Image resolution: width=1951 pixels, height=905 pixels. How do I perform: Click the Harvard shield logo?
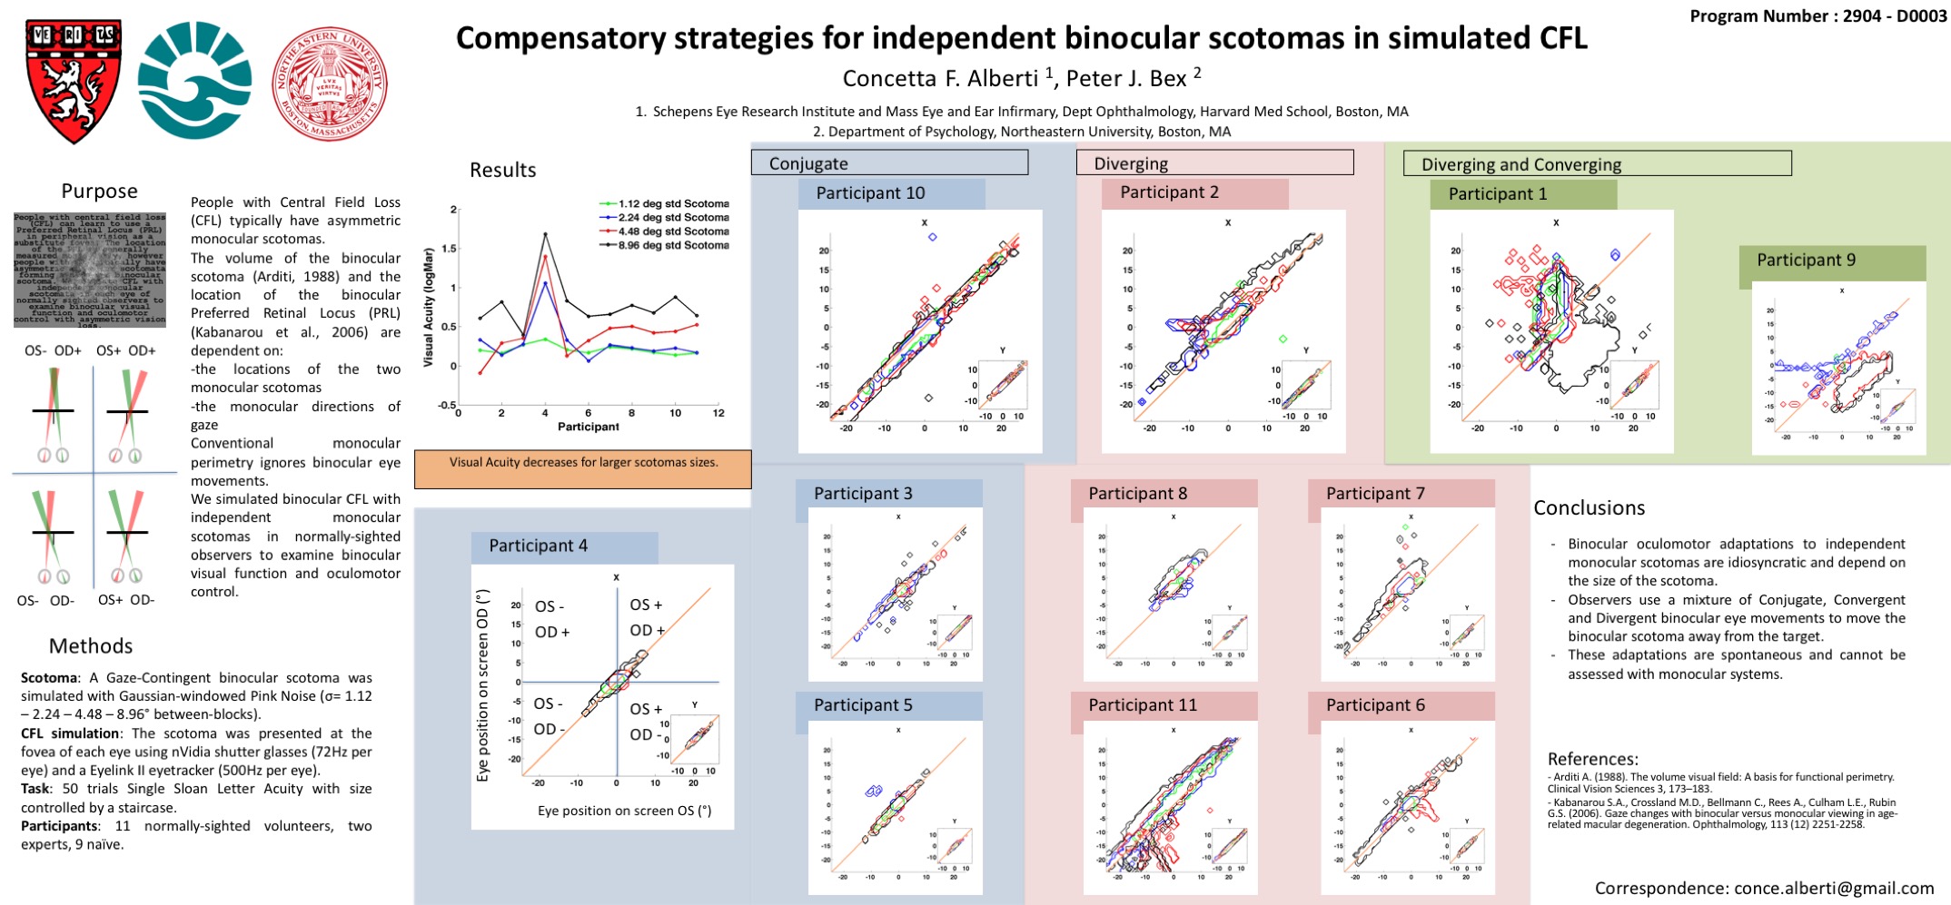click(74, 81)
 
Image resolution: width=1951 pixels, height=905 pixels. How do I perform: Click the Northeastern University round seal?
click(330, 84)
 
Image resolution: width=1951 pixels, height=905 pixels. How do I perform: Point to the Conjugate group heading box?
click(889, 163)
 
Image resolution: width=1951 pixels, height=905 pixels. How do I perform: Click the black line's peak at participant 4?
click(545, 234)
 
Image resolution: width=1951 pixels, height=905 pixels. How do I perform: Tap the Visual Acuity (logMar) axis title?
click(429, 309)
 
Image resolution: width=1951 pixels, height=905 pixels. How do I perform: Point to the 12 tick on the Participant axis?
click(718, 413)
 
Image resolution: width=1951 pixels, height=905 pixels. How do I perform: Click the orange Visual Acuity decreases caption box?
click(582, 468)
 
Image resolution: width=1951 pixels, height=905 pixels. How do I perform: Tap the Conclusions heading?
click(1589, 508)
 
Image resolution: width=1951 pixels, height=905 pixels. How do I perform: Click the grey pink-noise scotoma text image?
click(90, 270)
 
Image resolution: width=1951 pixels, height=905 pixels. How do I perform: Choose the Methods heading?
click(91, 646)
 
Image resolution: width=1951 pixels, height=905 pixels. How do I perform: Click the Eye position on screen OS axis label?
click(624, 811)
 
